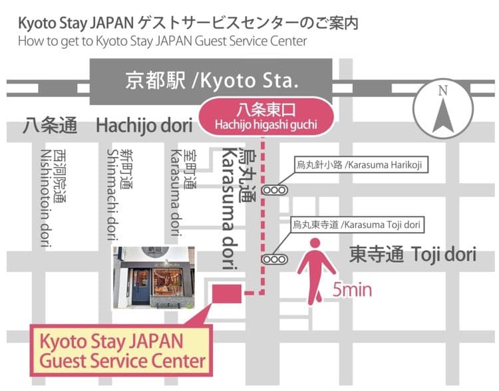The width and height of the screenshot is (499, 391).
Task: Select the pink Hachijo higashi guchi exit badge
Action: tap(266, 116)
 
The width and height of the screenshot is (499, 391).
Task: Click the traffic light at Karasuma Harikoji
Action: tap(274, 190)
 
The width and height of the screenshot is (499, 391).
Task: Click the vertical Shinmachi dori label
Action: tap(118, 194)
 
